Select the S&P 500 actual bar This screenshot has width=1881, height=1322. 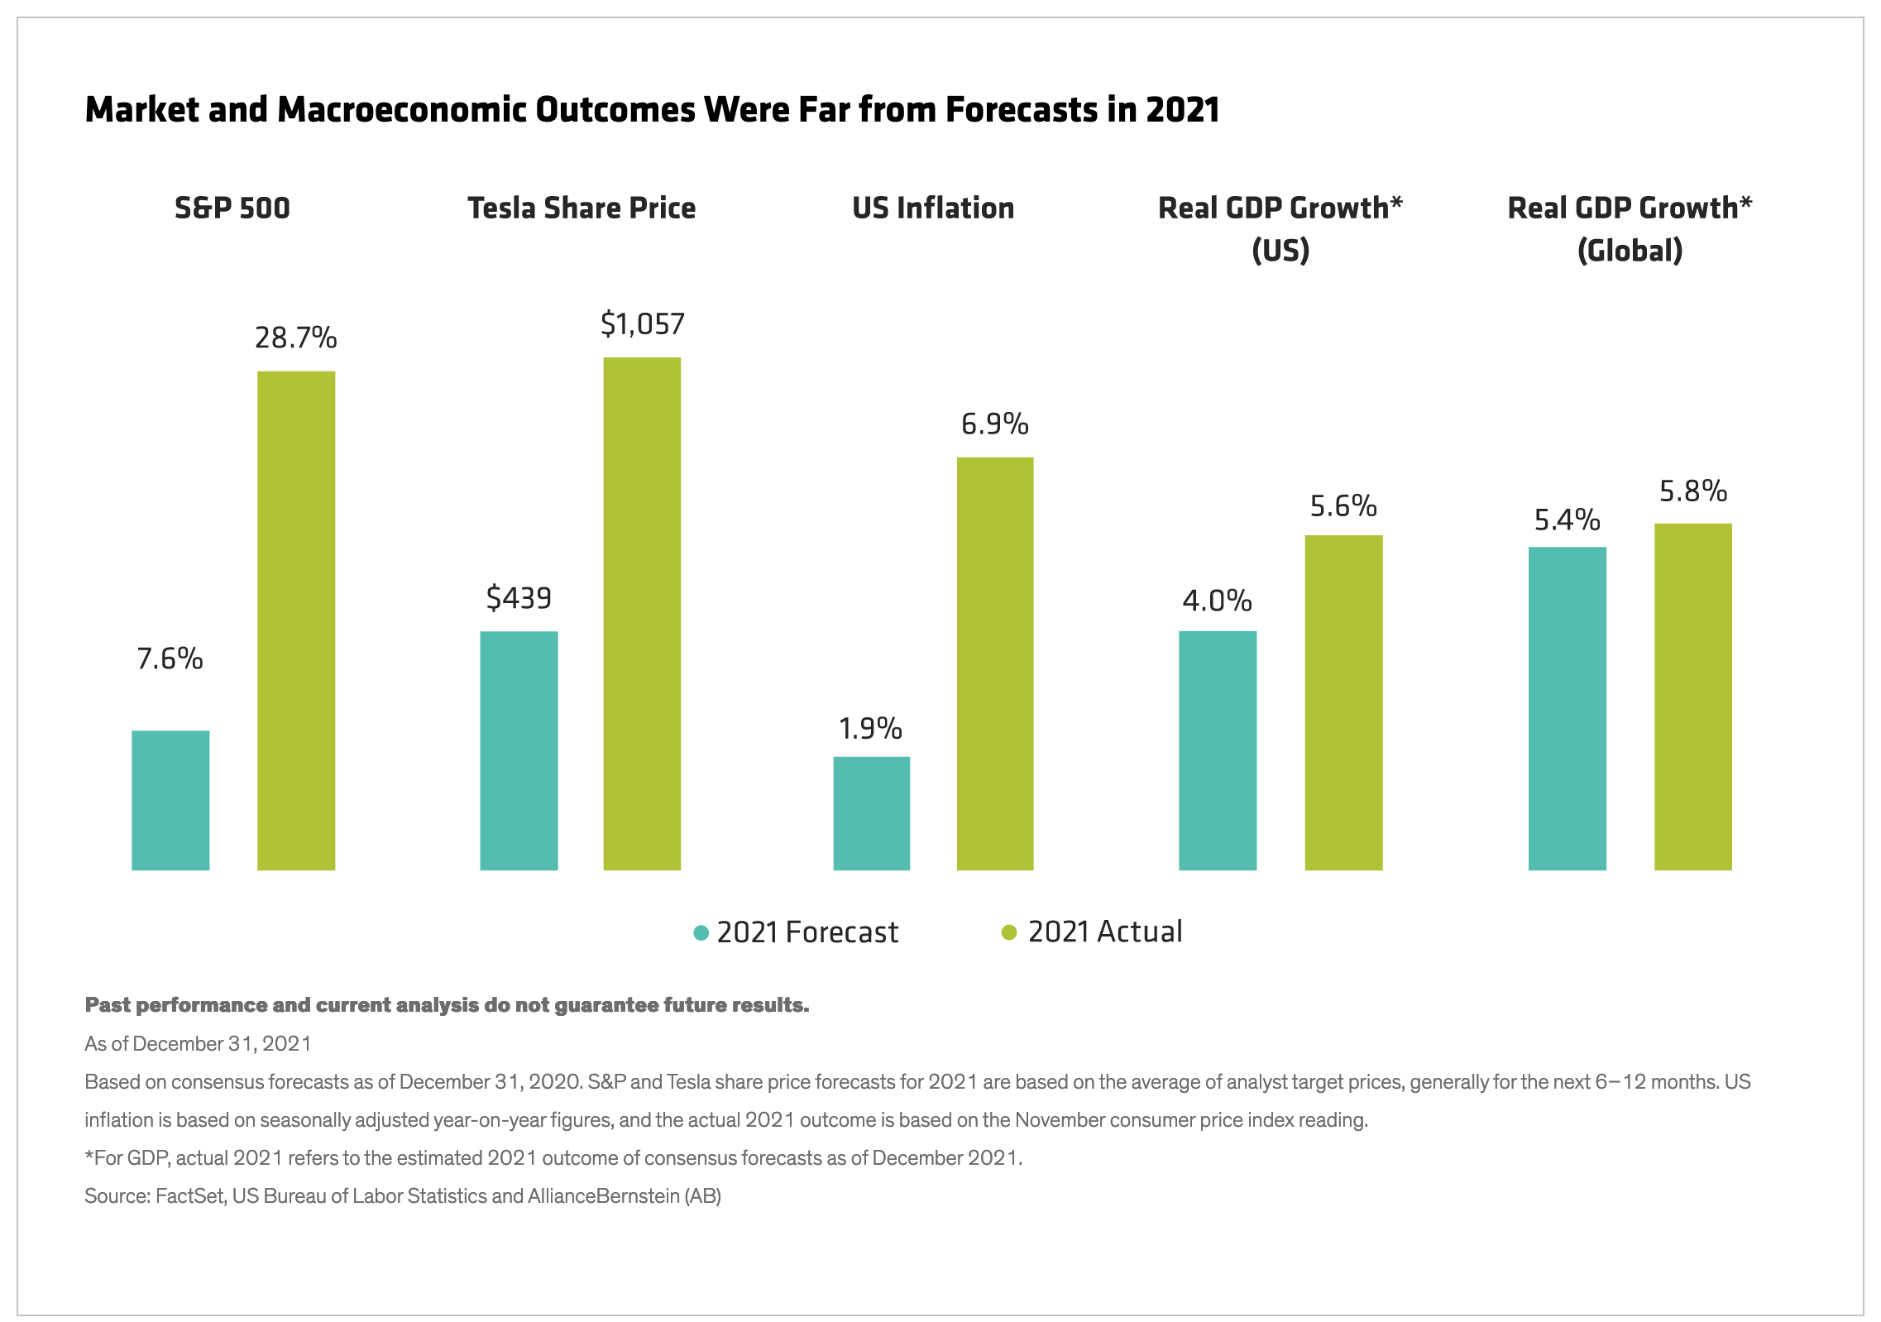click(296, 620)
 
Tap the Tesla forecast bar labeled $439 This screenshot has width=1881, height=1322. click(519, 750)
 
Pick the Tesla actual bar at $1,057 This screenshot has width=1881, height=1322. click(642, 613)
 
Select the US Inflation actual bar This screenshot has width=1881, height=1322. click(995, 663)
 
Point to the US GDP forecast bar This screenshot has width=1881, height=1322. click(1217, 750)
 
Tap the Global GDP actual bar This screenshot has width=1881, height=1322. click(1692, 696)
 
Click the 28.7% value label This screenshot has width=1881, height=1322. click(296, 338)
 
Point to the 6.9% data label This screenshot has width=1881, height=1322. click(995, 424)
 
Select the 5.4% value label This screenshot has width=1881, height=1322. click(1567, 520)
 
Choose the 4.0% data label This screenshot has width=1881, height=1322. click(1217, 601)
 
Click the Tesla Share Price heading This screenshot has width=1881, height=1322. click(582, 208)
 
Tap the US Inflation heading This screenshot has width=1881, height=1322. click(933, 208)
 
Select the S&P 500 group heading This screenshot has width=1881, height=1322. click(232, 208)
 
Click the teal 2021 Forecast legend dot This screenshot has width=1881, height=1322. click(701, 933)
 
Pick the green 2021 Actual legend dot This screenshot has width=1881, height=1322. click(1008, 932)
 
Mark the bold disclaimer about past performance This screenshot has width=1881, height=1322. click(447, 1004)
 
